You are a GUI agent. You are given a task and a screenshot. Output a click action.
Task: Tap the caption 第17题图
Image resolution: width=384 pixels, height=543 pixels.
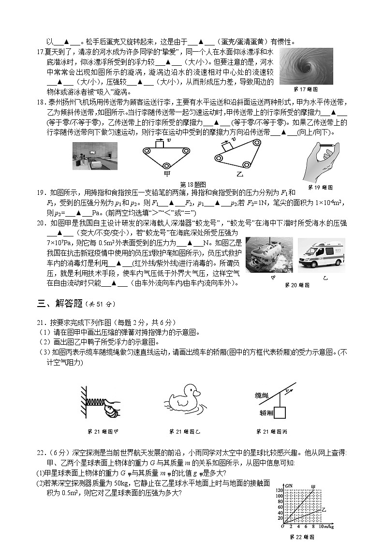pos(305,89)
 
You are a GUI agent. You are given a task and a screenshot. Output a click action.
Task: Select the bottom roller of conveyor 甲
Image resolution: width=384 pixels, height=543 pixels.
pos(165,166)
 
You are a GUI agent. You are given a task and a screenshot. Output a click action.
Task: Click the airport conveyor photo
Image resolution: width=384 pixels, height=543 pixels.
pos(95,157)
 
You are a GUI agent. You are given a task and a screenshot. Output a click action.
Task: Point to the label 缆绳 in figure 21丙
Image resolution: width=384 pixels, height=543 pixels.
pos(262,395)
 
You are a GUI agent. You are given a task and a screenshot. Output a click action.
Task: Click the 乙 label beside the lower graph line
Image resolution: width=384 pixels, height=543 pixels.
pos(324,509)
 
